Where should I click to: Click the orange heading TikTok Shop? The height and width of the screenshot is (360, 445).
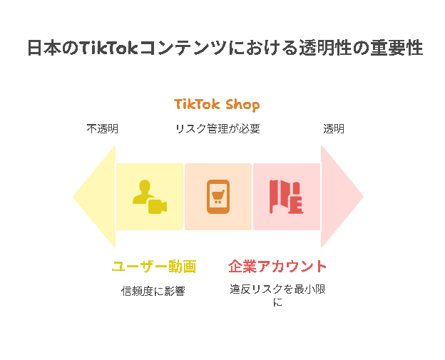pyautogui.click(x=217, y=105)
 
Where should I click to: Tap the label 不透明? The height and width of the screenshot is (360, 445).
pyautogui.click(x=103, y=129)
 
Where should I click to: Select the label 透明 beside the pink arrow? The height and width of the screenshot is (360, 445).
pyautogui.click(x=334, y=129)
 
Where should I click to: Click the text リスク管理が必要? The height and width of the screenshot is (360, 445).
pyautogui.click(x=218, y=129)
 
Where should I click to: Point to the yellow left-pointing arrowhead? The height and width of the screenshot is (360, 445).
pyautogui.click(x=94, y=196)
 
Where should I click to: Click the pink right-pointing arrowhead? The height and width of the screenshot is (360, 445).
pyautogui.click(x=342, y=196)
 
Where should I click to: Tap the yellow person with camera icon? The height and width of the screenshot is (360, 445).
pyautogui.click(x=150, y=197)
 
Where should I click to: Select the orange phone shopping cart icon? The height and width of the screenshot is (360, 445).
pyautogui.click(x=218, y=197)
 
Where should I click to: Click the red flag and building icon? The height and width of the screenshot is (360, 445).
pyautogui.click(x=287, y=197)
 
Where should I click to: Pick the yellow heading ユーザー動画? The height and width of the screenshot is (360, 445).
pyautogui.click(x=154, y=267)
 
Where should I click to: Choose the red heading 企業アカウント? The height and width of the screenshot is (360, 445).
pyautogui.click(x=277, y=267)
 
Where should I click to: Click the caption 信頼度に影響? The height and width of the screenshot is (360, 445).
pyautogui.click(x=153, y=291)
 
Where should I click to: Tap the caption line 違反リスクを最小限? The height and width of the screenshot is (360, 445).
pyautogui.click(x=277, y=289)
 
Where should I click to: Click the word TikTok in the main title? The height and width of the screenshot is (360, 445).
pyautogui.click(x=108, y=48)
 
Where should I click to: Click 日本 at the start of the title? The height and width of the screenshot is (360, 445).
pyautogui.click(x=44, y=48)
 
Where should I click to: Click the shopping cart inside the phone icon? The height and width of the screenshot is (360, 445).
pyautogui.click(x=218, y=196)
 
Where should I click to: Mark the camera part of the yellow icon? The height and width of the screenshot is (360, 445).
pyautogui.click(x=158, y=207)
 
